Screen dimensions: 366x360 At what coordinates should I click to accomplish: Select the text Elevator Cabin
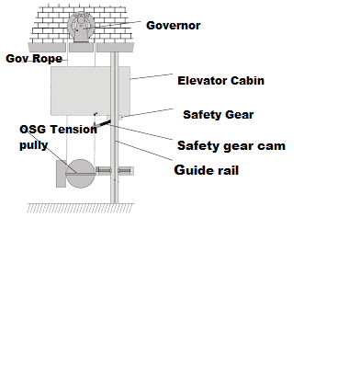pos(220,80)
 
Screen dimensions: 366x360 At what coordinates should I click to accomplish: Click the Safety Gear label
pos(218,115)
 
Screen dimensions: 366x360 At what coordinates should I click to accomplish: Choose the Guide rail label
pos(207,170)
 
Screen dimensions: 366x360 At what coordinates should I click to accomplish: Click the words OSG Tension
pos(57,130)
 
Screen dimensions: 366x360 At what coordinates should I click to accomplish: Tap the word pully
pos(35,145)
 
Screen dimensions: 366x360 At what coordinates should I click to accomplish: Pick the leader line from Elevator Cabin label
pos(152,78)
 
